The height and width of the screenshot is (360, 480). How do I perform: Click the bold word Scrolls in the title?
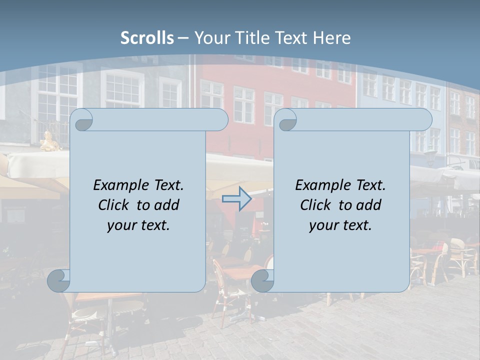(x=147, y=38)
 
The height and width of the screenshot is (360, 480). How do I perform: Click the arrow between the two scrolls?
(x=236, y=199)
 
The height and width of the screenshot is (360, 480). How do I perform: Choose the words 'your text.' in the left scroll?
(x=138, y=225)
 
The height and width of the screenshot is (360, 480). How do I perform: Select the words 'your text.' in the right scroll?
(x=340, y=225)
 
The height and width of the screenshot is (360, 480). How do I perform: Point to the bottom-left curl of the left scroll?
(x=58, y=281)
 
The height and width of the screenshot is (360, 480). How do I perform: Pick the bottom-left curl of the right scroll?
(x=262, y=281)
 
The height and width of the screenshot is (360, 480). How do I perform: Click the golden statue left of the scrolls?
(x=49, y=142)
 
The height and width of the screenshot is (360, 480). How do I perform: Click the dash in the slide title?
(x=183, y=38)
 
